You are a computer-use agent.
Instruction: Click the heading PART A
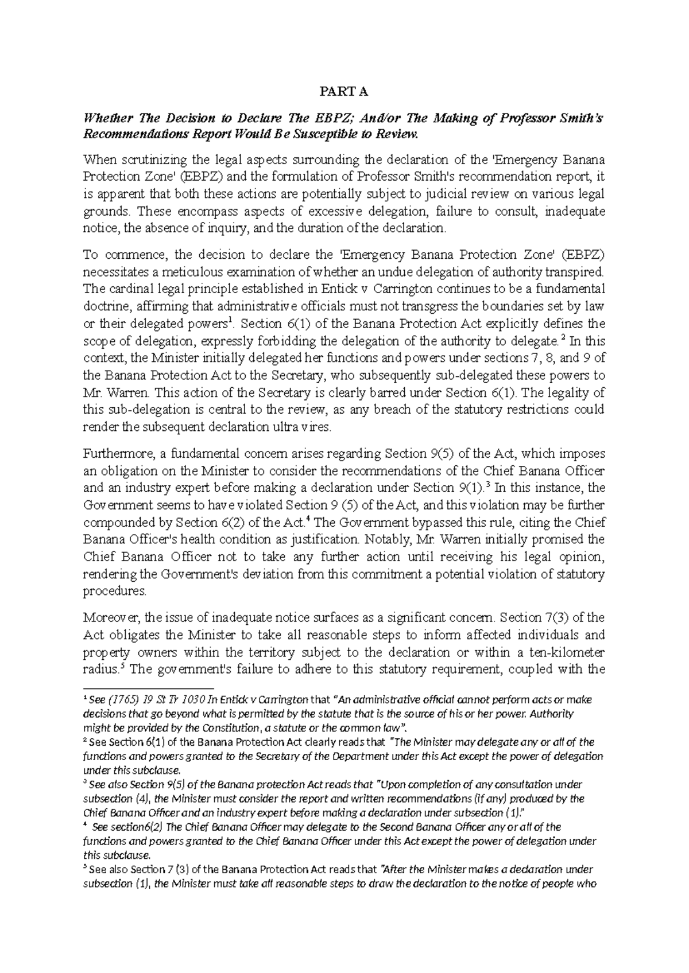[x=344, y=92]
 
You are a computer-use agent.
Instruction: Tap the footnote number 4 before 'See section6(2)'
[x=86, y=825]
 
